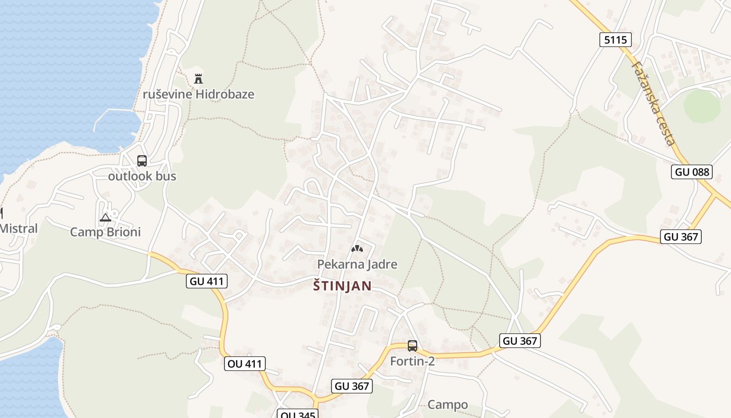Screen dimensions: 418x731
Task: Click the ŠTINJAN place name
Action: (x=342, y=286)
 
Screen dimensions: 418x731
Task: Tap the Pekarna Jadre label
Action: (x=357, y=264)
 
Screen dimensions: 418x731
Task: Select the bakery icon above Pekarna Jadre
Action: (x=357, y=249)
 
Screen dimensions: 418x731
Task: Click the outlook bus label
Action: (x=142, y=177)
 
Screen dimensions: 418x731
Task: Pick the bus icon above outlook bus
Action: (x=142, y=161)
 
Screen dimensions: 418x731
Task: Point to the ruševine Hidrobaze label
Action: (x=198, y=95)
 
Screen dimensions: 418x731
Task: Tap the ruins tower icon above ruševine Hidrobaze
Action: (x=198, y=79)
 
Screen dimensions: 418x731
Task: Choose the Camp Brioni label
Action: (x=105, y=232)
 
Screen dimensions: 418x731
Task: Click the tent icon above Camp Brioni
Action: (x=105, y=217)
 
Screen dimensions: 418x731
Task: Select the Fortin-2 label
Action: (x=412, y=361)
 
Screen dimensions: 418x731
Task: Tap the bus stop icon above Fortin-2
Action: (x=412, y=345)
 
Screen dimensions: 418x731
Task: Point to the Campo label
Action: (x=447, y=405)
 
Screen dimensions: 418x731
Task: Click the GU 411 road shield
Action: (x=207, y=281)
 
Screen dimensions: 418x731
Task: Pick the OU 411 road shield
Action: (x=245, y=364)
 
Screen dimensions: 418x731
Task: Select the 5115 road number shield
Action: (x=615, y=40)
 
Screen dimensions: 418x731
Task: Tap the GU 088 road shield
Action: (x=691, y=172)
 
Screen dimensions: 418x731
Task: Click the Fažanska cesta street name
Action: (x=653, y=103)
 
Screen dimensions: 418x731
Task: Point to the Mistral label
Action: (x=19, y=228)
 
